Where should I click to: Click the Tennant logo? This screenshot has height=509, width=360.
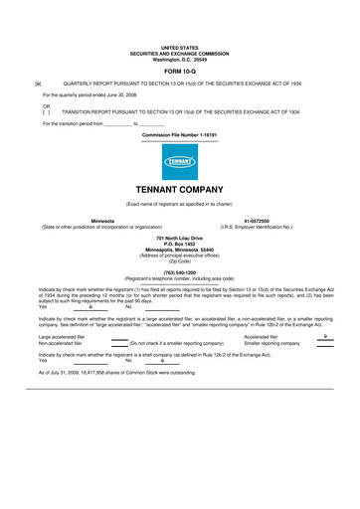click(179, 161)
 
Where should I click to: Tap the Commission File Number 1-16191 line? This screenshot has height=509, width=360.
click(179, 133)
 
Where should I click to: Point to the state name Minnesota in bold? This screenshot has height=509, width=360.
click(102, 221)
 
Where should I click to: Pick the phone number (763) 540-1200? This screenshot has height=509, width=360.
click(179, 271)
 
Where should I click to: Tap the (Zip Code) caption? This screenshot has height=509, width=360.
click(179, 261)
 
